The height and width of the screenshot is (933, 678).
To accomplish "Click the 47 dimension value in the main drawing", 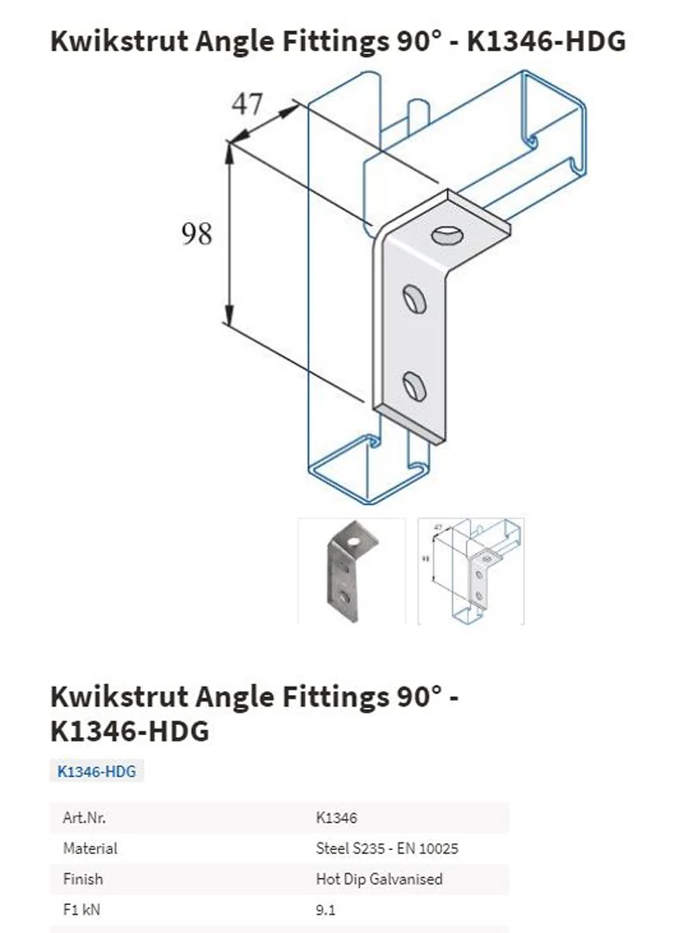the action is click(247, 104).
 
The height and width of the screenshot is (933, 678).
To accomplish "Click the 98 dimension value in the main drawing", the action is click(196, 233).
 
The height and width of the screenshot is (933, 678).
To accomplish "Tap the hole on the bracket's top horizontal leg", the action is click(448, 235).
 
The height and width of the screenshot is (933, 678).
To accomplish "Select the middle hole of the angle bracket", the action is click(414, 299).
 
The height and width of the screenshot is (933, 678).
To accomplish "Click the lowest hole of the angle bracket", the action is click(414, 385).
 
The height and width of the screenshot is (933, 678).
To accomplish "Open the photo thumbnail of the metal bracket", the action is click(352, 571).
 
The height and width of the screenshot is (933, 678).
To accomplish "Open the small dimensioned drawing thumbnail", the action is click(471, 571).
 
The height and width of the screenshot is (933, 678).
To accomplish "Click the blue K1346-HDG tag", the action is click(96, 772).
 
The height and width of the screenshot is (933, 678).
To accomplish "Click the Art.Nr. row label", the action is click(85, 817).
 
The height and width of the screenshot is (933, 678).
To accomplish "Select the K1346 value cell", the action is click(337, 817).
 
